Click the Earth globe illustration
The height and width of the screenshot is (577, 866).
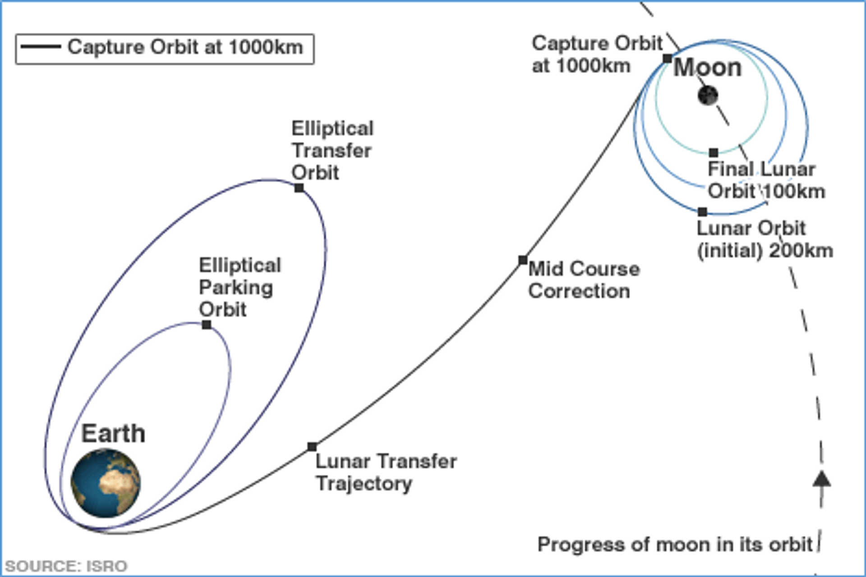click(106, 483)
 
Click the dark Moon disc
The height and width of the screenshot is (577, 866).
click(708, 96)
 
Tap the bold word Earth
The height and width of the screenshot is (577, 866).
click(113, 434)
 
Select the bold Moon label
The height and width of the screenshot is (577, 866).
click(707, 68)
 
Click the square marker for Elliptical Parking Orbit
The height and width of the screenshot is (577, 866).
click(207, 325)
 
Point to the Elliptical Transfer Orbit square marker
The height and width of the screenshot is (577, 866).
click(299, 188)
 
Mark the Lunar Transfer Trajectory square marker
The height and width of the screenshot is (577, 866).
click(312, 447)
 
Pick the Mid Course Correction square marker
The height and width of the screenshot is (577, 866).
click(522, 260)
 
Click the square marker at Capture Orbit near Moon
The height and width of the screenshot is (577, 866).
click(668, 58)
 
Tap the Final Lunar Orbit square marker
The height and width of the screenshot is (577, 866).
click(714, 153)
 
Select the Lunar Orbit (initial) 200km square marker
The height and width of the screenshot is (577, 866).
click(702, 211)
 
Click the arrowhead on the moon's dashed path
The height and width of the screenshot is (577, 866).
click(822, 479)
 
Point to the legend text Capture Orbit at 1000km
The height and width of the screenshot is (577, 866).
click(185, 47)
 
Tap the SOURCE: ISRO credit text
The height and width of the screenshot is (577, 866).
click(66, 566)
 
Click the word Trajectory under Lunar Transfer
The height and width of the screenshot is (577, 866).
click(364, 484)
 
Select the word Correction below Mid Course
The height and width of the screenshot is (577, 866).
click(579, 291)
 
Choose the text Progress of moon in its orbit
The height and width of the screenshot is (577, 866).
click(675, 545)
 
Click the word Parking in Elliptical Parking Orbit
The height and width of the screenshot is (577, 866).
click(236, 288)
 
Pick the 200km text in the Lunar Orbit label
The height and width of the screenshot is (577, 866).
click(801, 251)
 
